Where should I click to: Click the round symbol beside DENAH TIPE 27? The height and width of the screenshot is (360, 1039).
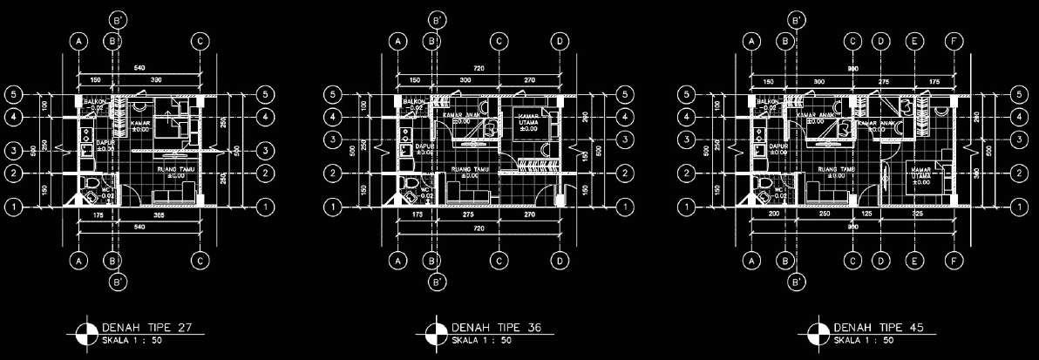point(86,332)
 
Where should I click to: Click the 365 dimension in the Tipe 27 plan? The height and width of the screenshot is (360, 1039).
point(160,214)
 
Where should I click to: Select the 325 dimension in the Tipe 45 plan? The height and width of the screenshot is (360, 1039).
point(916,214)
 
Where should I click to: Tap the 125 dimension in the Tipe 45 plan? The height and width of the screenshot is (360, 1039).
point(866,214)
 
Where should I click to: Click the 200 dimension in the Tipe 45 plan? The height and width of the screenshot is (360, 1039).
point(773,214)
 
